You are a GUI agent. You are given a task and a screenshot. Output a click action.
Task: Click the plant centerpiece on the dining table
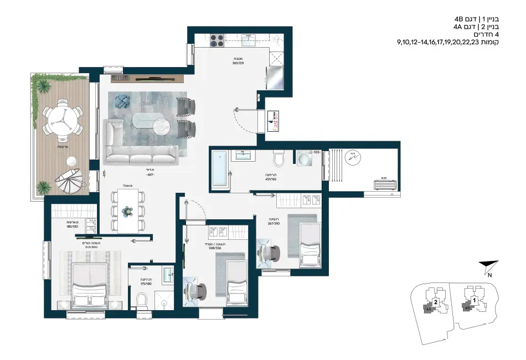[128, 210]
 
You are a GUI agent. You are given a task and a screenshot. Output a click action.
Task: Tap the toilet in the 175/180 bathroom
[142, 300]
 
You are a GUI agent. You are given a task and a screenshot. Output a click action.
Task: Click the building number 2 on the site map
[436, 302]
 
